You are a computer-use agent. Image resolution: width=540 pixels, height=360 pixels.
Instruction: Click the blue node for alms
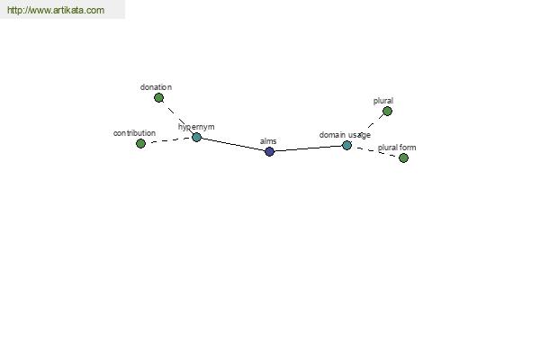coord(270,151)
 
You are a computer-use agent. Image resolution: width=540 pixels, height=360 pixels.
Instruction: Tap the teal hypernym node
coord(196,137)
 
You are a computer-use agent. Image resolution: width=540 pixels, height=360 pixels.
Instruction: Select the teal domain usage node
coord(346,145)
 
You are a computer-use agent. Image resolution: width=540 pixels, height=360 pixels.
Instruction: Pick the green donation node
coord(158,98)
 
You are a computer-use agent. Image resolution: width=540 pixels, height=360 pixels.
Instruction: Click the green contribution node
coord(140,143)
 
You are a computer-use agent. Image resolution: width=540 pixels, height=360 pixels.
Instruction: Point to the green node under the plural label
coord(387,111)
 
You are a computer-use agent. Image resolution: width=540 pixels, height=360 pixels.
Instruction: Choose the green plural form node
coord(403,157)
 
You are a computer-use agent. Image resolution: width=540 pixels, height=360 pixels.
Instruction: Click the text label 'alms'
coord(268,141)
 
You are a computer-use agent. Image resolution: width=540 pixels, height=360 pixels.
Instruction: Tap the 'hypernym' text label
coord(196,127)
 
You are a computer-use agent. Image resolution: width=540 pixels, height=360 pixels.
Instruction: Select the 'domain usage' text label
coord(345,135)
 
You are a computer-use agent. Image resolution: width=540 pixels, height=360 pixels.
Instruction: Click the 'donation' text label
coord(156,87)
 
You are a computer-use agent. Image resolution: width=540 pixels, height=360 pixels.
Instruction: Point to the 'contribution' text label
coord(134,133)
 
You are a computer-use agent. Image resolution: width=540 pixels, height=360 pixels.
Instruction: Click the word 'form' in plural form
coord(408,148)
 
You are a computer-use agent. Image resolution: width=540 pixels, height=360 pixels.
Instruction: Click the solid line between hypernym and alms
coord(233,144)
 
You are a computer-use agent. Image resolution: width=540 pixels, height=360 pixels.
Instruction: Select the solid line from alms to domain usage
coord(308,148)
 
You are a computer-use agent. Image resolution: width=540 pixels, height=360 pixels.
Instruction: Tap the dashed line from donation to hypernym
coord(177,118)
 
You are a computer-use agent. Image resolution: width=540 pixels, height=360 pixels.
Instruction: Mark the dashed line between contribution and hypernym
coord(168,140)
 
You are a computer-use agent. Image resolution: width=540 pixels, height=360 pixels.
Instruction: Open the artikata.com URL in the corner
coord(56,10)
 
